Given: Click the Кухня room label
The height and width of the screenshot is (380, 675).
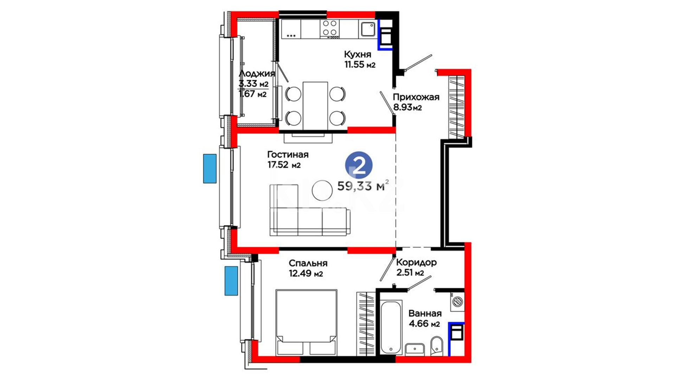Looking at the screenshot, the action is click(x=358, y=55).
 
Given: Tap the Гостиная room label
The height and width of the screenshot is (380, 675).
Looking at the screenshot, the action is click(x=288, y=155).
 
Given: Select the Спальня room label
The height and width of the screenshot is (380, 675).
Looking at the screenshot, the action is click(x=308, y=263).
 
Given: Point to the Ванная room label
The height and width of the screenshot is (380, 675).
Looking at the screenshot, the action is click(x=425, y=313).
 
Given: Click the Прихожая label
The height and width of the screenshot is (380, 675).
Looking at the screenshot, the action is click(x=416, y=97).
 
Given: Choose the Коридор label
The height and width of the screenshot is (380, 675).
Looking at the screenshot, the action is click(x=416, y=262).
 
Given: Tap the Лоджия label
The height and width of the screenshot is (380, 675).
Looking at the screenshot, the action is click(x=257, y=74).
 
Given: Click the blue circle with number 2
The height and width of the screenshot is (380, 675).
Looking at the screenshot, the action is click(x=359, y=165).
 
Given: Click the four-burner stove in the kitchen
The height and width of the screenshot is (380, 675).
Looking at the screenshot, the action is click(x=330, y=28).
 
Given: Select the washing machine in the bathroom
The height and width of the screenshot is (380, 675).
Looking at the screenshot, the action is click(x=457, y=301).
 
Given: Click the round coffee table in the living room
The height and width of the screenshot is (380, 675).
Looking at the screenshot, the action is click(x=322, y=190).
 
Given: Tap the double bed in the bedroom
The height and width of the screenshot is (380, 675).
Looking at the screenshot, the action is click(x=306, y=322).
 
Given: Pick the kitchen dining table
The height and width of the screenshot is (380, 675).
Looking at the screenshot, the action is click(x=315, y=106).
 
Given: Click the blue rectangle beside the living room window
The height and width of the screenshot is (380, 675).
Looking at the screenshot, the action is click(x=210, y=169).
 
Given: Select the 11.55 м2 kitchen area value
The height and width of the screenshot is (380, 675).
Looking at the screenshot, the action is click(x=360, y=64).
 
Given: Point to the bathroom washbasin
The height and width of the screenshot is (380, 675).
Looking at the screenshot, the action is click(x=415, y=349).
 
